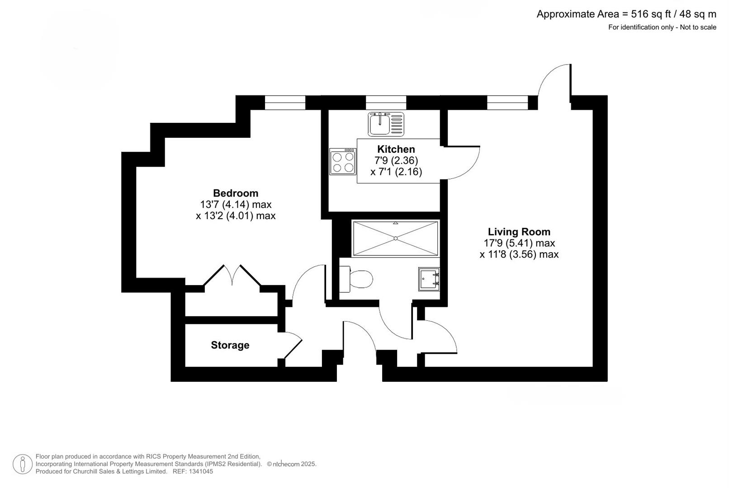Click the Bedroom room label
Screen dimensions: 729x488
(236, 193)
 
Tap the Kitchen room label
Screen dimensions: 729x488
(396, 149)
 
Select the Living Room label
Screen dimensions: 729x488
(519, 232)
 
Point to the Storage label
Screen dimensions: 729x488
(230, 345)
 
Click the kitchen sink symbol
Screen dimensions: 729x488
(386, 124)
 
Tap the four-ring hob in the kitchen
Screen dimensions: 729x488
(343, 162)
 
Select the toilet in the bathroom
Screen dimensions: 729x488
(356, 279)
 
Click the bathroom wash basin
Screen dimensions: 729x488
(429, 279)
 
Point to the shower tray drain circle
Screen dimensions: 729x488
(396, 238)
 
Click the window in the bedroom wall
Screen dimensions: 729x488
(285, 103)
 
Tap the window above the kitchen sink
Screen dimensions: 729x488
(386, 103)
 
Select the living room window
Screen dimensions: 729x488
(507, 103)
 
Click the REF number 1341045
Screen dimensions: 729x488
(201, 471)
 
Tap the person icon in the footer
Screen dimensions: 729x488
(23, 464)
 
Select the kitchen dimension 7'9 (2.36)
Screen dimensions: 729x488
(396, 160)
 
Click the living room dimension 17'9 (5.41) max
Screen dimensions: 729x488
(519, 243)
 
